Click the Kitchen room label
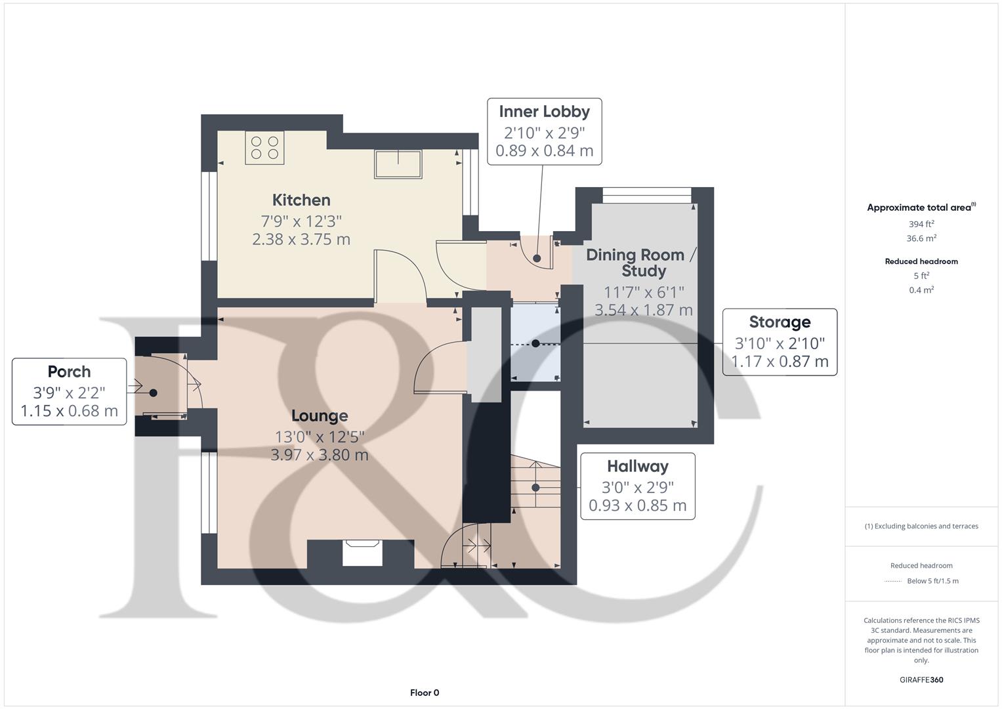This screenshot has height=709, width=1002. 301,200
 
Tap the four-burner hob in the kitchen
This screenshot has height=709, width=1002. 265,148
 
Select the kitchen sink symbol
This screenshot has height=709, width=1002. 398,163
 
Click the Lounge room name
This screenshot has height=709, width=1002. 320,416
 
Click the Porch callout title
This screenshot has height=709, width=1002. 69,372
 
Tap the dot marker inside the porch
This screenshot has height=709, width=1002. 153,393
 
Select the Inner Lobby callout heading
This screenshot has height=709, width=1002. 544,112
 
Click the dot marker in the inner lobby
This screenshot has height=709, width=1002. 537,259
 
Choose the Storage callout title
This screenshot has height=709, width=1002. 780,322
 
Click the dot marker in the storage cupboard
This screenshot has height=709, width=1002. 535,343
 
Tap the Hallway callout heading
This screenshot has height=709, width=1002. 637,467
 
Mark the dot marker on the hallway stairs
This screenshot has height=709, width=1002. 535,488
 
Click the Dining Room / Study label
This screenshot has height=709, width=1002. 635,263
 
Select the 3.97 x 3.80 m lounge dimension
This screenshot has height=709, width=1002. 320,454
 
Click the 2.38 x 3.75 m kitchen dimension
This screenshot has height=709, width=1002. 301,239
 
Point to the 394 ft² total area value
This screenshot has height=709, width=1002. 921,224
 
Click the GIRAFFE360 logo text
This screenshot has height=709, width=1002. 921,679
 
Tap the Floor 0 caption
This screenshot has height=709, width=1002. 425,693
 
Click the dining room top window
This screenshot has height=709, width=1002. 646,192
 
